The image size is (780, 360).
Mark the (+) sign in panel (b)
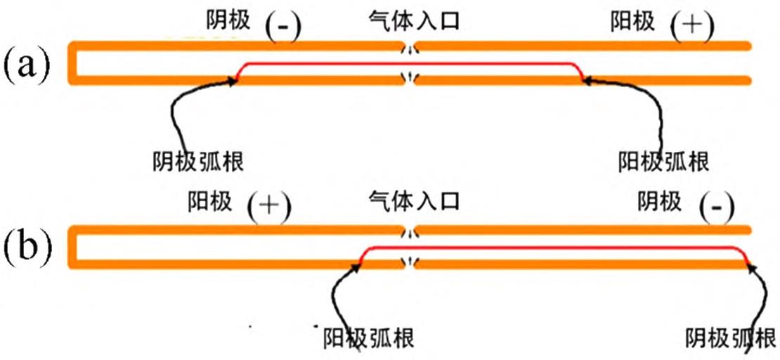(x=269, y=207)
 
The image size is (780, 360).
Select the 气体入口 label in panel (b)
(x=413, y=202)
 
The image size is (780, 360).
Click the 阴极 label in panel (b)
(x=658, y=202)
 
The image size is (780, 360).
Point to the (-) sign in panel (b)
(x=717, y=207)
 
